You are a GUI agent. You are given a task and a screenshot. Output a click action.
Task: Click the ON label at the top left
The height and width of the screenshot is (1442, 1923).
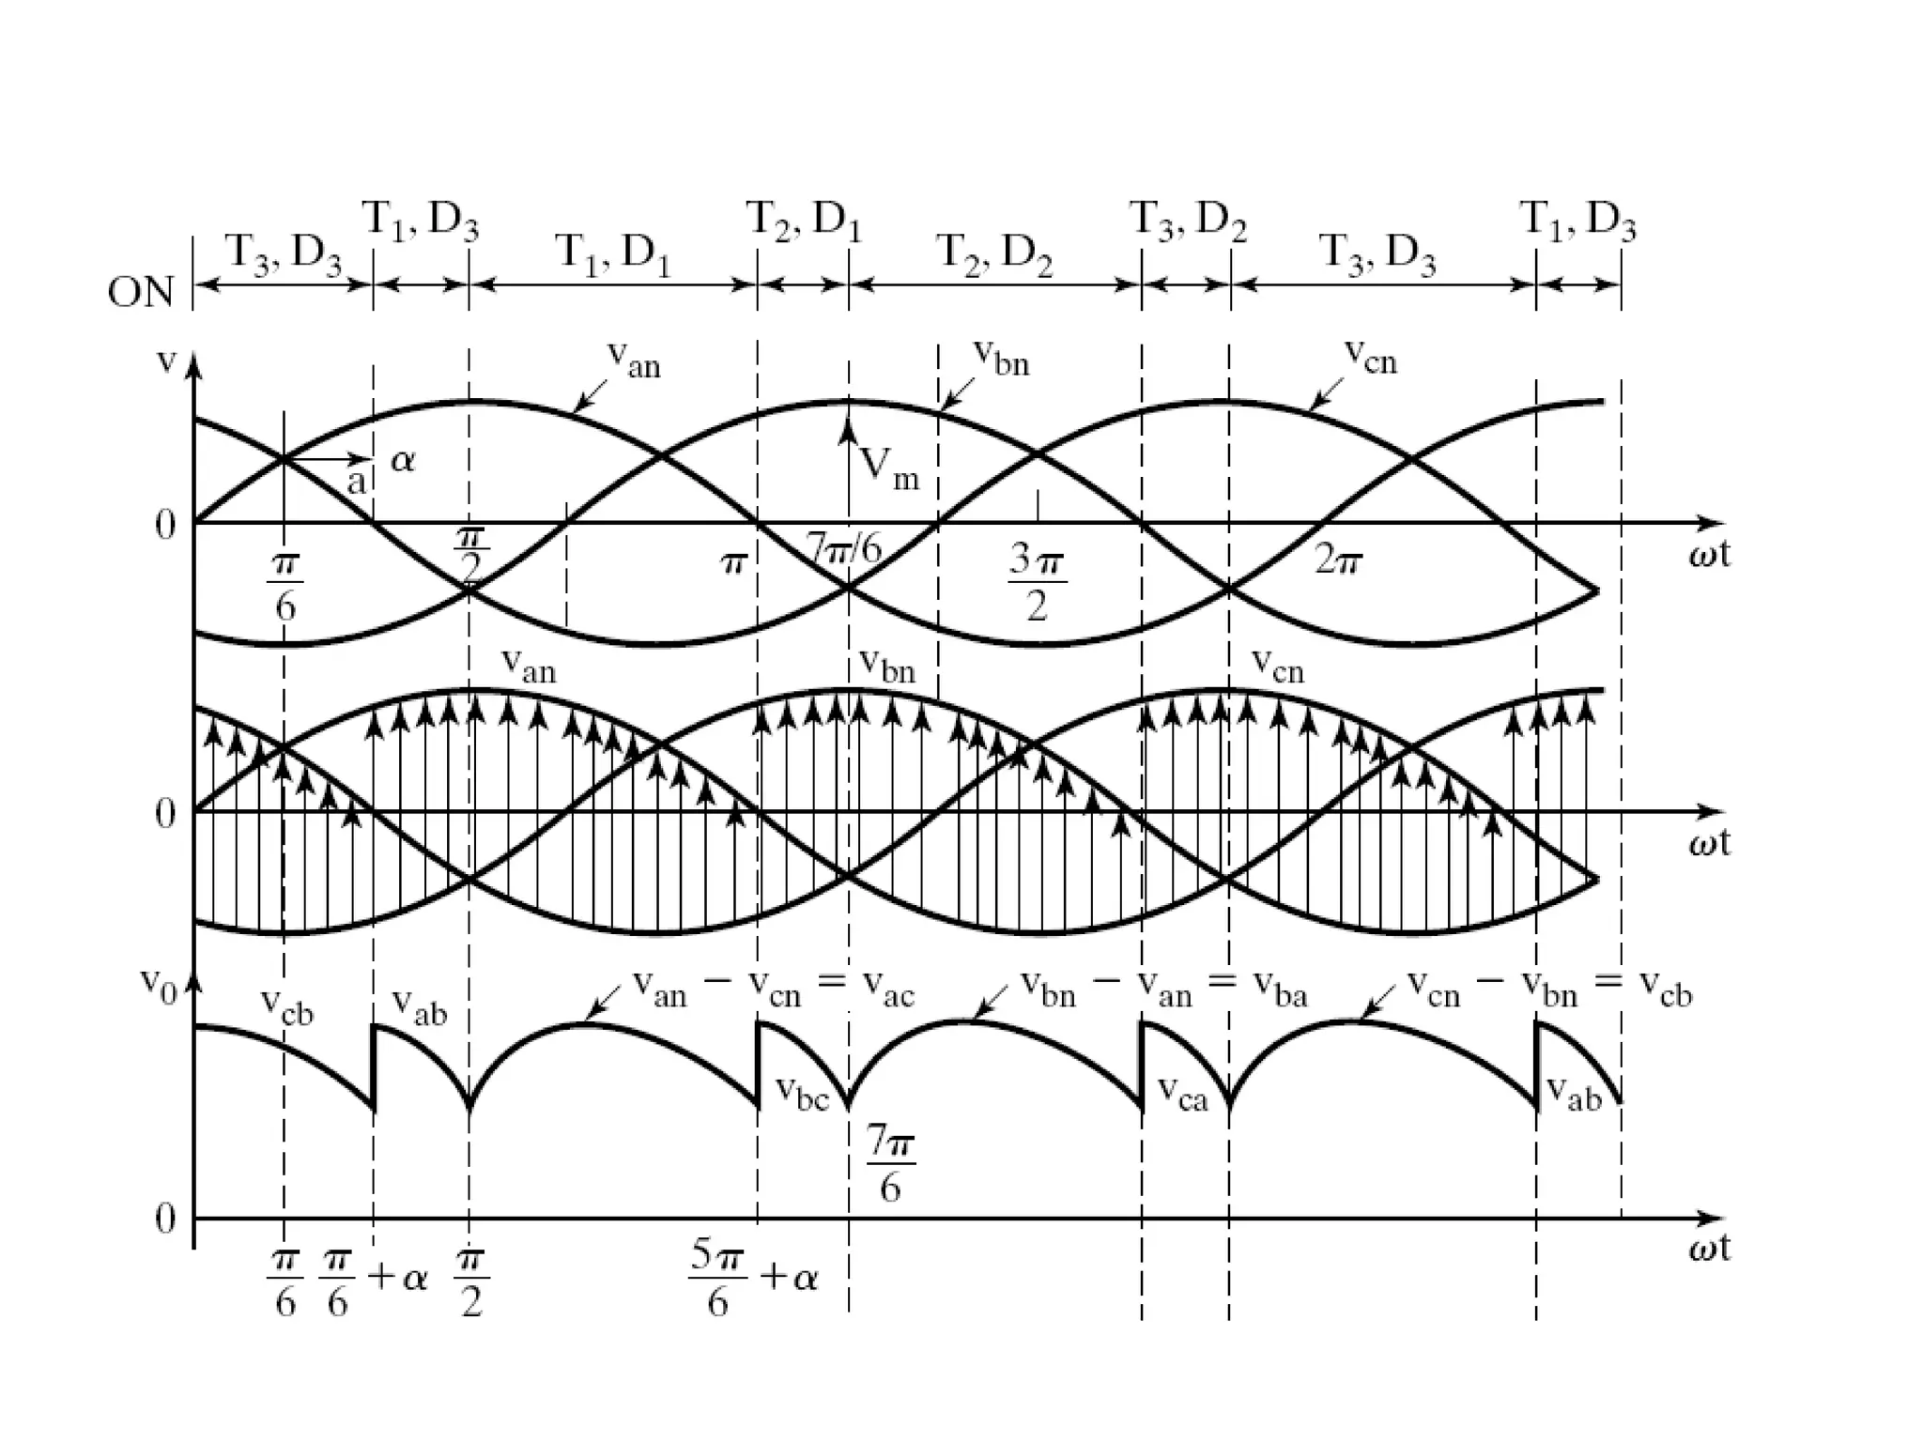coord(141,293)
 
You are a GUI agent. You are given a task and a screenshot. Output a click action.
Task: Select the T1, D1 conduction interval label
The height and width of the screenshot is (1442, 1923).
coord(612,256)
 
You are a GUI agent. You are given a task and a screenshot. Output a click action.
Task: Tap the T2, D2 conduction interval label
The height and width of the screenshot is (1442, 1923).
coord(994,256)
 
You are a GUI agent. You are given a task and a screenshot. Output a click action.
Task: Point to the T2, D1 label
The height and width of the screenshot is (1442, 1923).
coord(804,222)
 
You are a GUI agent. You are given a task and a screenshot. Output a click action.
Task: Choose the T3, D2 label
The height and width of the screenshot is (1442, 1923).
coord(1188,222)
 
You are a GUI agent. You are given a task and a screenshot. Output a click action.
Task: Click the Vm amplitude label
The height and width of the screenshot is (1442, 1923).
coord(889,467)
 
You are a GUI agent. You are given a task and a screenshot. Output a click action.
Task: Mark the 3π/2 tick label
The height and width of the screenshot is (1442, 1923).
coord(1037,582)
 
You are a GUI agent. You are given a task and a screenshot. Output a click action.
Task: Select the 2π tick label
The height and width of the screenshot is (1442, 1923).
coord(1338,561)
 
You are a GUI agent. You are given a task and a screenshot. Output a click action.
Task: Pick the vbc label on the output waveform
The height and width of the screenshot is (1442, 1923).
coord(802,1092)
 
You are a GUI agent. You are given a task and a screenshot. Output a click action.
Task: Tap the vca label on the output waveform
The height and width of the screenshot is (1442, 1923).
coord(1182,1092)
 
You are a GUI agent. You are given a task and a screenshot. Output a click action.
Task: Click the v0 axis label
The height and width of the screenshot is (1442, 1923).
coord(158,984)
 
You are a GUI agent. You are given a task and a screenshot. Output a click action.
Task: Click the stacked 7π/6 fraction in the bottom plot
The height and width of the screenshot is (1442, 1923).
coord(890,1167)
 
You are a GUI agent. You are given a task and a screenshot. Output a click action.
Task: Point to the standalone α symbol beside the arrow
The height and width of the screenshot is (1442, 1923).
coord(402,461)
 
